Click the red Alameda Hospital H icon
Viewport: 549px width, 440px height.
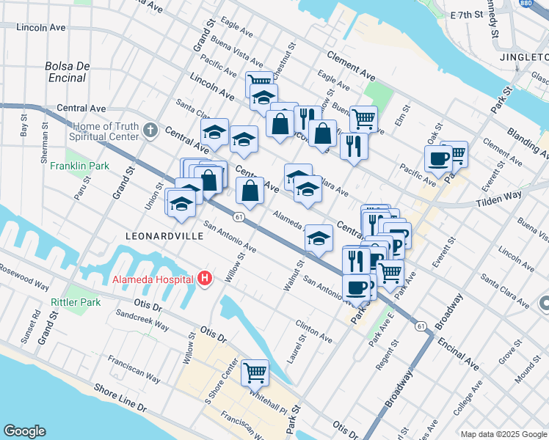point(205,279)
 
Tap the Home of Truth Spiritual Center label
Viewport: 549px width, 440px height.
point(104,131)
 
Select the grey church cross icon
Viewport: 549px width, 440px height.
point(150,131)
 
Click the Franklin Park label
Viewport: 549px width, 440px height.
point(79,166)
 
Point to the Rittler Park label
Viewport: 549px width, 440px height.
point(75,302)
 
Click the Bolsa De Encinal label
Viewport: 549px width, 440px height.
point(67,71)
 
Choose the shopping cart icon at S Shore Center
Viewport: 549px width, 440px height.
point(255,373)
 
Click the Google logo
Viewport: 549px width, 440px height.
point(24,431)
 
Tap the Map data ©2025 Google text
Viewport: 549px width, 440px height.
point(503,434)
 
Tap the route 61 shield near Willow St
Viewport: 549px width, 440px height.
point(239,216)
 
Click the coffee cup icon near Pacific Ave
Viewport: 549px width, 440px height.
point(439,159)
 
